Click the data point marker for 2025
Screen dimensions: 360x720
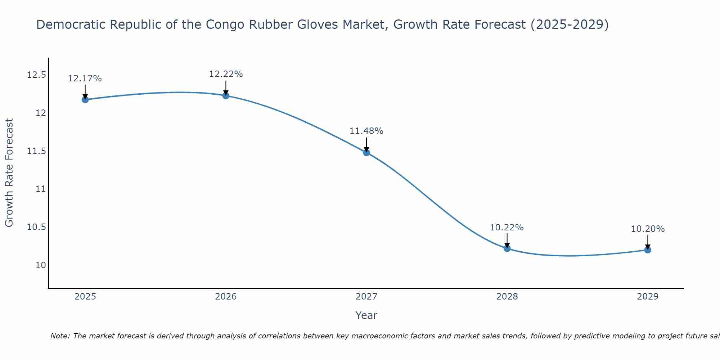click(85, 99)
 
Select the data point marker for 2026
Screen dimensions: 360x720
click(226, 95)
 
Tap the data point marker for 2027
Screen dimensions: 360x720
click(366, 152)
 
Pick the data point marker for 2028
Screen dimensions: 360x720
click(507, 248)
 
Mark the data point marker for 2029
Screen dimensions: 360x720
click(648, 249)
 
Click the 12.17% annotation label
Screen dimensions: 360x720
click(85, 78)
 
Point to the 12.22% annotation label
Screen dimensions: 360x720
click(226, 74)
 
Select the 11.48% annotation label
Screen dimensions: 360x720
click(366, 131)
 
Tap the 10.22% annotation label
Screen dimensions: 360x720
click(507, 228)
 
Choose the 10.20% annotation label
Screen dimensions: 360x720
click(648, 229)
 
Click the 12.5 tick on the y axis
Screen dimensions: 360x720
click(36, 75)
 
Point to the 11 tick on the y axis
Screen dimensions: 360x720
click(41, 189)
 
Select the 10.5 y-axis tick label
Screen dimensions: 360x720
click(36, 227)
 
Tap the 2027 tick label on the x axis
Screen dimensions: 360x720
click(366, 297)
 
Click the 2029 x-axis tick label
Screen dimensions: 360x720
click(648, 297)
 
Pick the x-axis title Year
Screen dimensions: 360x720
click(366, 315)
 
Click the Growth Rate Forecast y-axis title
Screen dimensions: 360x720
click(9, 173)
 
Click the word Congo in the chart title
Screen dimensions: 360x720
click(225, 24)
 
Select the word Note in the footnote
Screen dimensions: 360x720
click(60, 336)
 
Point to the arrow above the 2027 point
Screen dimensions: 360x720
click(366, 145)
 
